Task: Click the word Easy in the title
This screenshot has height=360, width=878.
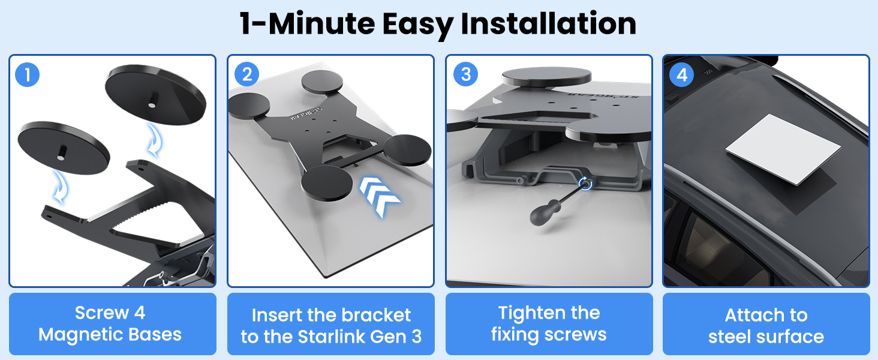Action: tap(418, 25)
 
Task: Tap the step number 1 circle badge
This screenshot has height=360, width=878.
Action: tap(28, 74)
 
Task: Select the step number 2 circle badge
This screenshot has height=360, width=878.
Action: tap(246, 74)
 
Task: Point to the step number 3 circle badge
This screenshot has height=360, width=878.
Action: tap(465, 74)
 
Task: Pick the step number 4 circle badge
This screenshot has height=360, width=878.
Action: tap(682, 74)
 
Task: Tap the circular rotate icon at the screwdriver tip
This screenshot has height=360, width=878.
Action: tap(585, 183)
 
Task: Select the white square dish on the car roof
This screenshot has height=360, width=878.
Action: tap(783, 149)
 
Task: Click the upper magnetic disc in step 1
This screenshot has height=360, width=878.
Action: tap(155, 95)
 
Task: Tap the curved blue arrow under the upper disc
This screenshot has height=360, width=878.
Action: tap(155, 140)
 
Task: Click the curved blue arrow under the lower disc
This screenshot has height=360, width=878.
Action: tap(61, 187)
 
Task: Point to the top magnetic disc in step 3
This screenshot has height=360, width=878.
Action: tap(546, 76)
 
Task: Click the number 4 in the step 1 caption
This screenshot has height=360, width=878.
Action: tap(140, 313)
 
